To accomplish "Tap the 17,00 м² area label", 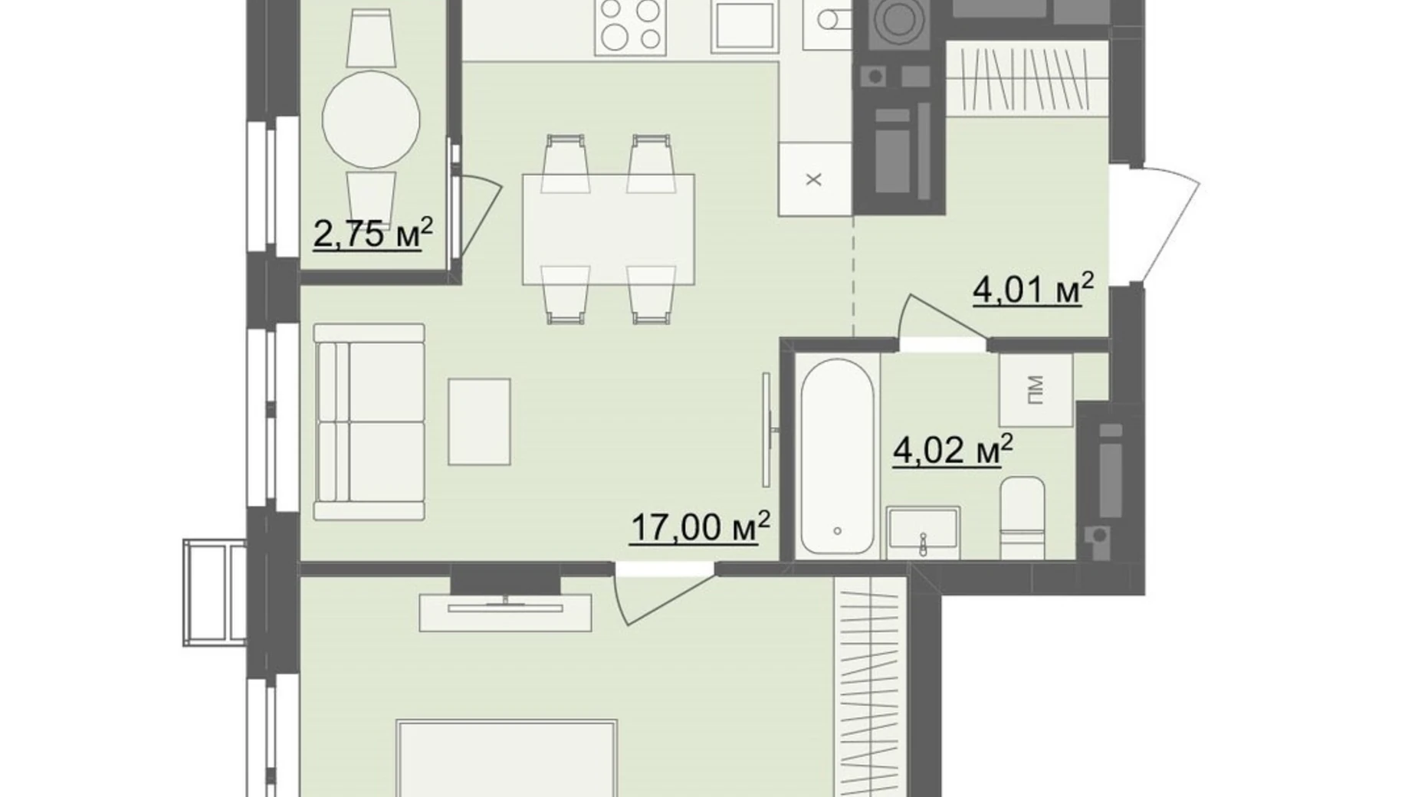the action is pos(700,527).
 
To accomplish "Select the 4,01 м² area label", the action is pos(1033,289).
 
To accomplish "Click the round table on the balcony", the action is pos(371,120).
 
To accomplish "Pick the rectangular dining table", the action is pos(609,229).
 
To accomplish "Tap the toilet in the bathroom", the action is pos(1022,518).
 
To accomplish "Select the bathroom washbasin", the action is pos(923,533).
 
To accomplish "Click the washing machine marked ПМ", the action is pos(1035,390).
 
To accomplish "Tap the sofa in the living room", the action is pos(369,421).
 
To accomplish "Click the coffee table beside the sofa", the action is pos(479,421).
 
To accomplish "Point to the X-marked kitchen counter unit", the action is pos(816,179).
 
